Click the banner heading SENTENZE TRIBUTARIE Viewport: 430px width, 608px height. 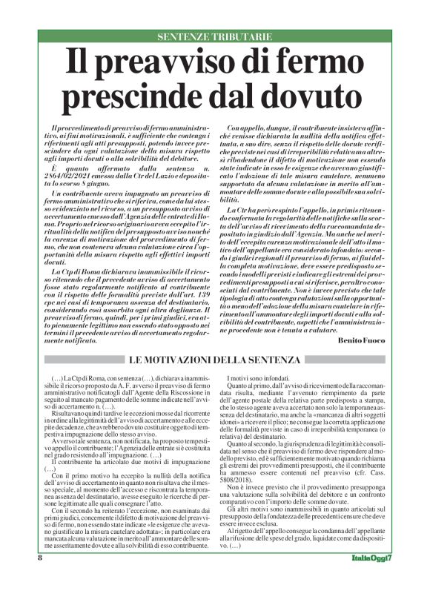point(214,37)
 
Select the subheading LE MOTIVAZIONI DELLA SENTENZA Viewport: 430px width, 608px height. point(214,360)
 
